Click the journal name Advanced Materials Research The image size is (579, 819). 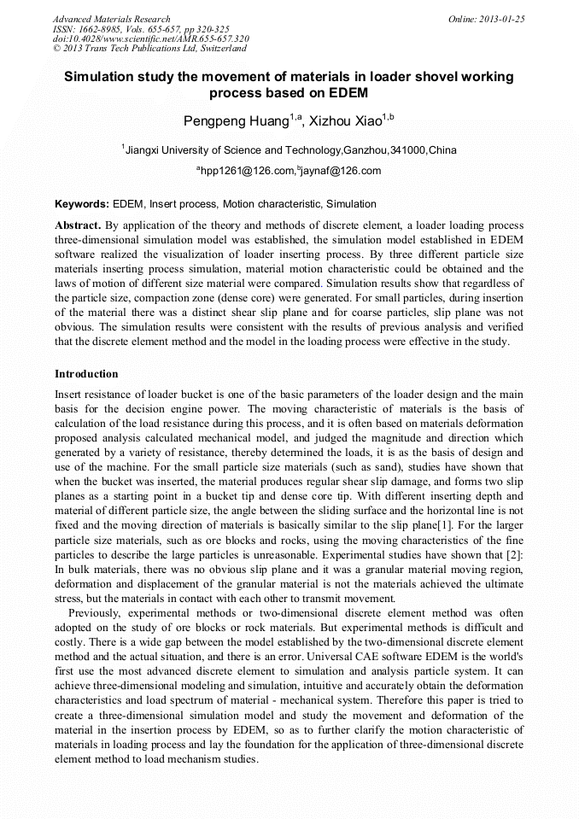point(111,19)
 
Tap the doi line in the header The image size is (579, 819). point(150,39)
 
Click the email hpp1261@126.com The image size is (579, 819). point(248,171)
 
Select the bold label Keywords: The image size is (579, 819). point(82,204)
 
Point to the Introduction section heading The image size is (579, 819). point(86,374)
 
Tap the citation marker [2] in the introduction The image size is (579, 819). point(514,567)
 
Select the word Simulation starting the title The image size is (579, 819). point(102,77)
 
